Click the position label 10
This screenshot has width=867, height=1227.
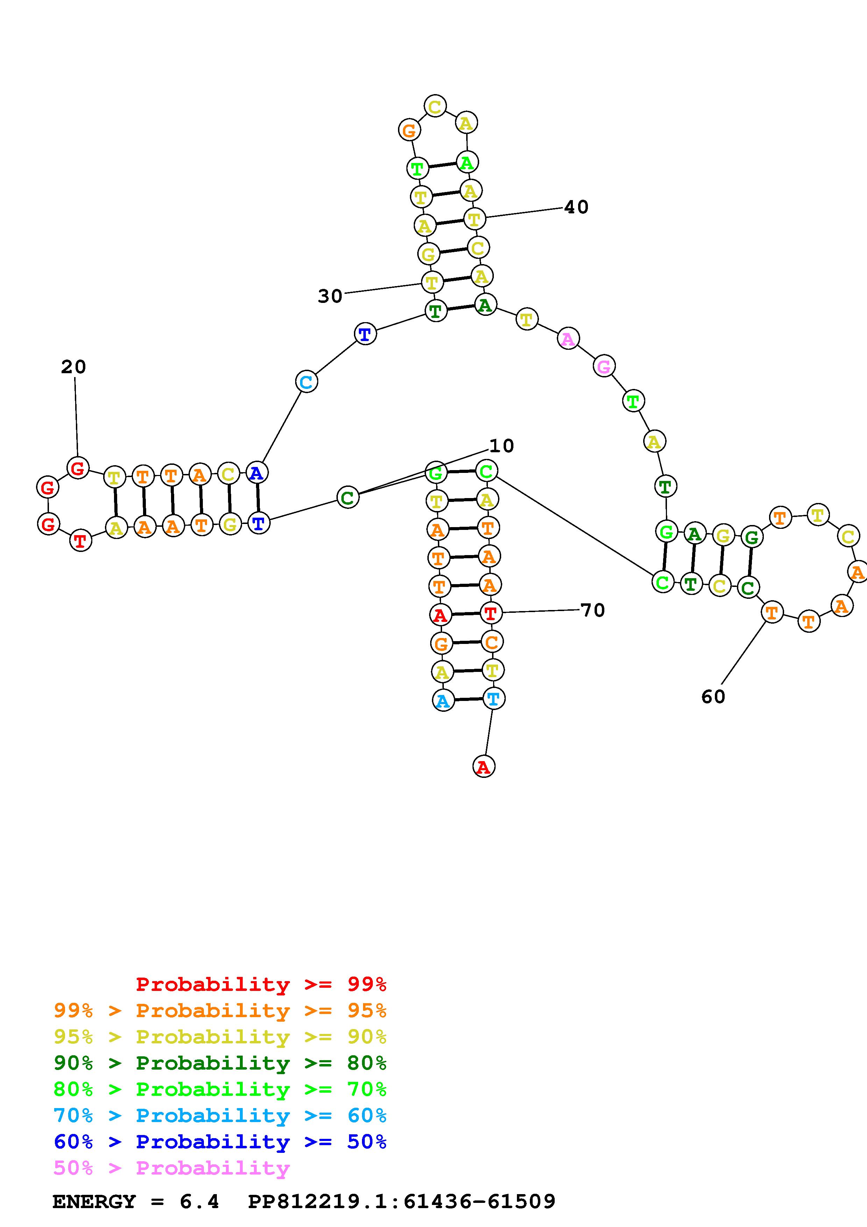(x=501, y=446)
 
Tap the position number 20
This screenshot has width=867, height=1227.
(x=73, y=367)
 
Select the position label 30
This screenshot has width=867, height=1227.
(x=329, y=296)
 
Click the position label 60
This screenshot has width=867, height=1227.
(x=713, y=697)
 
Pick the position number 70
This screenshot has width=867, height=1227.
(x=592, y=610)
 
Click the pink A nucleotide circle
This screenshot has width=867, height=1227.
(x=568, y=339)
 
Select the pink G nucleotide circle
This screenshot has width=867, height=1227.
(x=604, y=366)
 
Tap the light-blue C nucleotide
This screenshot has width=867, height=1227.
(x=306, y=382)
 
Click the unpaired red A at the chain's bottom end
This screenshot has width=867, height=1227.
(x=483, y=767)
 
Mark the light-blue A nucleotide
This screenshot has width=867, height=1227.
(x=443, y=701)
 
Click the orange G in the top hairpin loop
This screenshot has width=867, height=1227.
(x=409, y=130)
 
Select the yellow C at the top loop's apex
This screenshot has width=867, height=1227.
(x=435, y=106)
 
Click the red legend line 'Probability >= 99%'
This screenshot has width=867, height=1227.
(x=261, y=984)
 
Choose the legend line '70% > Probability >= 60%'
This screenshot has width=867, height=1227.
(x=220, y=1115)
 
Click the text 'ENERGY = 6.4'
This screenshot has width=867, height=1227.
(x=136, y=1201)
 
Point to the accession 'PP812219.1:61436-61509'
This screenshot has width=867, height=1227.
(x=402, y=1201)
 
